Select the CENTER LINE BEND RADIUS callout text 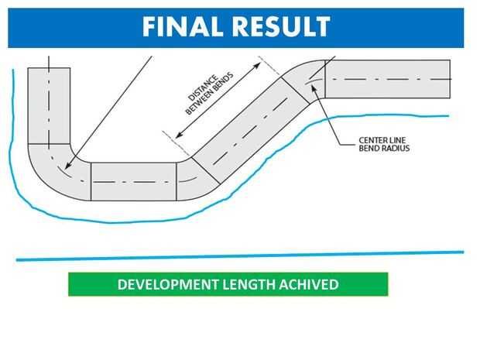click(383, 143)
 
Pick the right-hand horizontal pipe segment click(387, 79)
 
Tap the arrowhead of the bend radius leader click(312, 87)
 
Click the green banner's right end click(384, 285)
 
